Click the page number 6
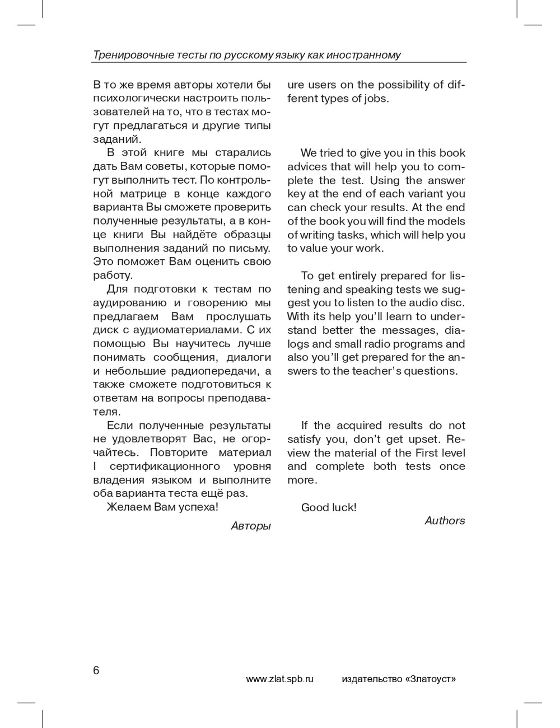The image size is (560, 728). coord(96,670)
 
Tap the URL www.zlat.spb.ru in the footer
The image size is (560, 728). coord(279,679)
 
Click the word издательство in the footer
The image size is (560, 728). coord(371,679)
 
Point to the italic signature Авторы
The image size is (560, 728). coord(250,526)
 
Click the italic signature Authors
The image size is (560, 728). coord(445,521)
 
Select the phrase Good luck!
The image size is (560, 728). coord(329,507)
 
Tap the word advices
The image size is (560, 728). coord(307,167)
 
